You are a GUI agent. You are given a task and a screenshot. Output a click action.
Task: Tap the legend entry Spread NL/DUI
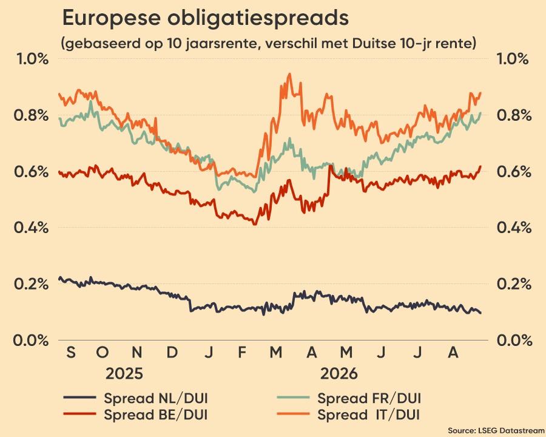click(136, 398)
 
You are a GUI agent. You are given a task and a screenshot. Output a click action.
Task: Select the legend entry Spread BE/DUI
click(136, 415)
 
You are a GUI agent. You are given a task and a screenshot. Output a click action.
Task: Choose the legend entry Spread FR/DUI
click(349, 398)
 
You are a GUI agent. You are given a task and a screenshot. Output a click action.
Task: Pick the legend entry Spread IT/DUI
click(349, 415)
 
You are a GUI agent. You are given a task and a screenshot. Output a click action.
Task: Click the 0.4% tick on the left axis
click(31, 228)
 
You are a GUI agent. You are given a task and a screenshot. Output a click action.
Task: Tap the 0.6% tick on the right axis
click(514, 172)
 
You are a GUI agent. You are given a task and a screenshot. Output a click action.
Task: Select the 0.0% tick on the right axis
click(514, 340)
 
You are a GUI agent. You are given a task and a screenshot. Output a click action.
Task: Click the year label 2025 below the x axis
click(124, 374)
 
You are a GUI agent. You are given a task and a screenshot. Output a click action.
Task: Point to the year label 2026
click(339, 374)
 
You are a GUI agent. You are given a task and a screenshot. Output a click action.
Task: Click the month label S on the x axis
click(71, 353)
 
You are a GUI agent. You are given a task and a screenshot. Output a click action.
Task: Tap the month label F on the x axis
click(242, 353)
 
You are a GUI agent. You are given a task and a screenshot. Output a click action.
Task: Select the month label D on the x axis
click(172, 353)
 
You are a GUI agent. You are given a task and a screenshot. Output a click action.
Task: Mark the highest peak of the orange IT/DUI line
click(289, 74)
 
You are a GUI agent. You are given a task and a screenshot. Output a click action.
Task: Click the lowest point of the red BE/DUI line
click(255, 225)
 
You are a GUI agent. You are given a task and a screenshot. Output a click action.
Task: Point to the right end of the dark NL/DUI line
click(481, 313)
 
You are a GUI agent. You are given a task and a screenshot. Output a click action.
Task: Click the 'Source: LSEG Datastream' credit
click(496, 430)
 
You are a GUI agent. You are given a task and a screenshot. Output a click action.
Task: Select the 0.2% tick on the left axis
click(31, 284)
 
